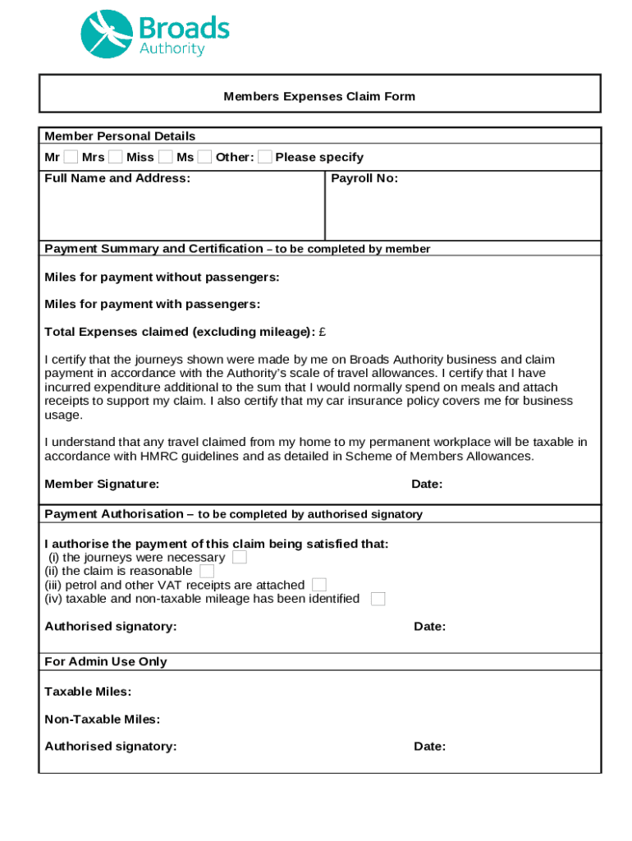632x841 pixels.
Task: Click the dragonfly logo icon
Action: click(x=106, y=34)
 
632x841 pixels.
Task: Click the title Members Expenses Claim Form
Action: click(x=319, y=96)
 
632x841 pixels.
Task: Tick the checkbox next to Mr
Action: click(x=71, y=157)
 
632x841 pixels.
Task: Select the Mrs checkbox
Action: click(x=116, y=157)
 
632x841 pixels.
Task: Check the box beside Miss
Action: click(x=166, y=157)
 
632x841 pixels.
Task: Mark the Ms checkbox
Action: click(x=205, y=157)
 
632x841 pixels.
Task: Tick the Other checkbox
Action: click(x=265, y=157)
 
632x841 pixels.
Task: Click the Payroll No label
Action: click(x=364, y=178)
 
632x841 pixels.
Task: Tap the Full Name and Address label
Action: click(x=117, y=178)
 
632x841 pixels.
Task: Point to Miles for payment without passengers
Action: click(x=162, y=278)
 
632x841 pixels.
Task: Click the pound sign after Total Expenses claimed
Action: click(x=323, y=332)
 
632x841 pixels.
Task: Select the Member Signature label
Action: click(x=102, y=484)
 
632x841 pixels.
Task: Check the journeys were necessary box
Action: click(x=240, y=557)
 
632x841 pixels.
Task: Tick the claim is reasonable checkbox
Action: click(x=207, y=571)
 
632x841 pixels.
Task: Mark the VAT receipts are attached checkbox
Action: click(x=319, y=585)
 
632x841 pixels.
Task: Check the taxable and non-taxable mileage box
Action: click(x=378, y=599)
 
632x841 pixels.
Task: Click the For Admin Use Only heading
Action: click(x=106, y=661)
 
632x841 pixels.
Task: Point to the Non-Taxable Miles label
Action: click(x=102, y=719)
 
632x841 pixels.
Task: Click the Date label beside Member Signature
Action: click(x=427, y=484)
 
